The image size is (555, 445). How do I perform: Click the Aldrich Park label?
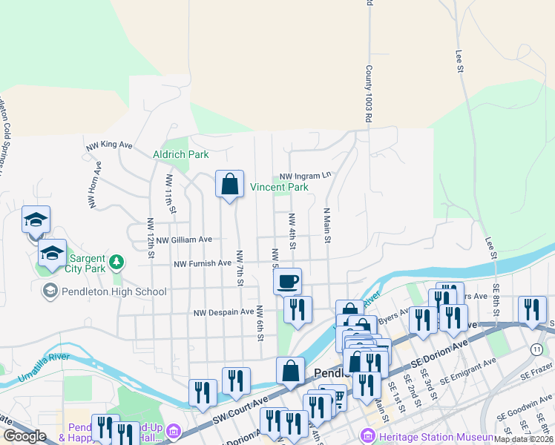pyautogui.click(x=180, y=154)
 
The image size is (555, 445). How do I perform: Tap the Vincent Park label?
pyautogui.click(x=278, y=188)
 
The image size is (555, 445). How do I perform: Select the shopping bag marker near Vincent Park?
pyautogui.click(x=230, y=183)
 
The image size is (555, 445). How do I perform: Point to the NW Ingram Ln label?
pyautogui.click(x=305, y=176)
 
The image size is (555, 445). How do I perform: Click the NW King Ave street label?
pyautogui.click(x=109, y=145)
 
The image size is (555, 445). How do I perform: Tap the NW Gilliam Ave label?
pyautogui.click(x=180, y=240)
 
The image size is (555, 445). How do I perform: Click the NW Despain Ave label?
pyautogui.click(x=223, y=312)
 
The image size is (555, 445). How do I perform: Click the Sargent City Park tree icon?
pyautogui.click(x=116, y=262)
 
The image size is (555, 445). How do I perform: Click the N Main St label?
pyautogui.click(x=325, y=225)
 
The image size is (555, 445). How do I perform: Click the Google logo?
pyautogui.click(x=24, y=436)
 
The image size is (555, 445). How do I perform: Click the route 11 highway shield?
pyautogui.click(x=536, y=349)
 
